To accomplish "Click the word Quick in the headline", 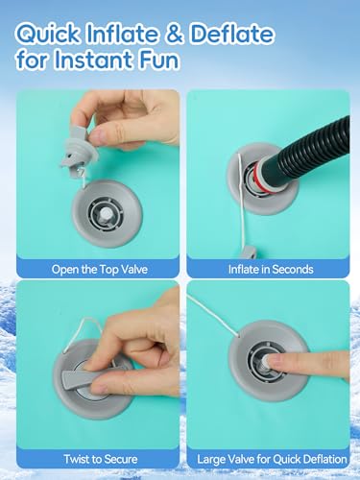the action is click(x=47, y=34).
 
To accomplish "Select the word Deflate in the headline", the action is click(x=231, y=34).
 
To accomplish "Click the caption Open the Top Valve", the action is click(x=100, y=269).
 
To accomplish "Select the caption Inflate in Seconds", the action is click(x=271, y=269).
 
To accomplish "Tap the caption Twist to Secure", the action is click(x=101, y=459).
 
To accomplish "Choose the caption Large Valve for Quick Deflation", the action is click(x=272, y=459).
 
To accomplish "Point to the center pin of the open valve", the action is click(x=106, y=214).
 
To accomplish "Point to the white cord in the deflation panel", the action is click(x=213, y=316).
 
